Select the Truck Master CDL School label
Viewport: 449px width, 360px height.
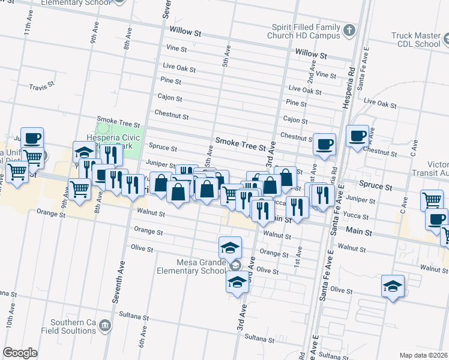[415, 40]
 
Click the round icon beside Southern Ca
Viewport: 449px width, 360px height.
[106, 325]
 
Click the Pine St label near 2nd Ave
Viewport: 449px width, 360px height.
[296, 104]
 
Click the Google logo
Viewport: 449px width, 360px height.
[20, 352]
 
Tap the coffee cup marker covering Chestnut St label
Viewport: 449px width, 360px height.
[324, 144]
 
